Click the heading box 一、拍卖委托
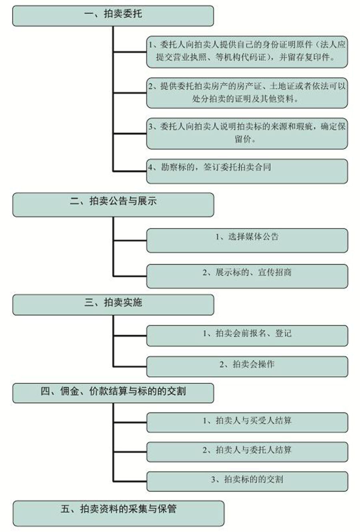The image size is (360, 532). pyautogui.click(x=113, y=16)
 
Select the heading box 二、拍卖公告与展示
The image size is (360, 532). pyautogui.click(x=113, y=205)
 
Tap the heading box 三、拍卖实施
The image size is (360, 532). pyautogui.click(x=113, y=305)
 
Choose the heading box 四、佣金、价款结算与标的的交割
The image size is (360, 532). pyautogui.click(x=113, y=393)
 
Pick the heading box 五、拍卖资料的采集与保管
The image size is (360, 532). pyautogui.click(x=118, y=513)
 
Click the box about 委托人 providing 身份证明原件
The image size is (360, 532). pyautogui.click(x=247, y=52)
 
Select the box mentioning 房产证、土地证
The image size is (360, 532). pyautogui.click(x=247, y=93)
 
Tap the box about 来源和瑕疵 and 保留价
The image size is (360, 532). pyautogui.click(x=247, y=133)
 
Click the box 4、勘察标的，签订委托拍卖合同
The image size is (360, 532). pyautogui.click(x=247, y=171)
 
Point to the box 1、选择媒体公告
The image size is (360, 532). pyautogui.click(x=247, y=240)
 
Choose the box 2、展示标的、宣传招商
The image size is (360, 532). pyautogui.click(x=247, y=276)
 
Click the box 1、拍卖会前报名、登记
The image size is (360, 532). pyautogui.click(x=247, y=335)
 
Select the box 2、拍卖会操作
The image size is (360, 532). pyautogui.click(x=247, y=366)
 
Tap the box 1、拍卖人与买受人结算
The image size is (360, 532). pyautogui.click(x=247, y=422)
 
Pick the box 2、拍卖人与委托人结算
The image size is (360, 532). pyautogui.click(x=247, y=452)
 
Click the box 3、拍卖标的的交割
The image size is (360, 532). pyautogui.click(x=247, y=482)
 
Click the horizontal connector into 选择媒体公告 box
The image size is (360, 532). pyautogui.click(x=130, y=241)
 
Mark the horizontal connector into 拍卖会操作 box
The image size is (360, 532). pyautogui.click(x=130, y=367)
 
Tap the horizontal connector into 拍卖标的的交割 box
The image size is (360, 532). pyautogui.click(x=130, y=482)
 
